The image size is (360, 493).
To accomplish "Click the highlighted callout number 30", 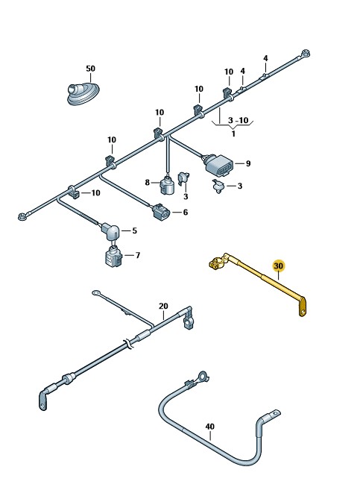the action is point(278,266).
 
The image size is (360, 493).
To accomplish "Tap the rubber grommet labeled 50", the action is point(83,92).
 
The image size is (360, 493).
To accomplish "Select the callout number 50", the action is point(90,69).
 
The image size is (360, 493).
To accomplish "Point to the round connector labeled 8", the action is point(167,185).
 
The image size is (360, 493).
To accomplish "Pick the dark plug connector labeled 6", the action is point(161,212).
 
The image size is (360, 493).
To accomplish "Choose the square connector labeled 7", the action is point(113,257).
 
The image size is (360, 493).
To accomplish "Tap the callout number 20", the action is point(163,306).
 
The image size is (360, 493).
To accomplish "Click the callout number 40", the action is point(210,427).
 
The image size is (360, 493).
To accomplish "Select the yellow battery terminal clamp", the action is point(218,263).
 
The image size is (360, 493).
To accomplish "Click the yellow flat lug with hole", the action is point(302,307).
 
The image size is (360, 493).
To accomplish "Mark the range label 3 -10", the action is point(238,120).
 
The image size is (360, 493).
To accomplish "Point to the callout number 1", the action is point(233,134).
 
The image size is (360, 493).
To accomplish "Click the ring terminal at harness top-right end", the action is point(305,53).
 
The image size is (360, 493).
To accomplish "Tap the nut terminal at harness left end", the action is point(22,216).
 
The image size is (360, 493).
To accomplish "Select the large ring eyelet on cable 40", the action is point(203,376).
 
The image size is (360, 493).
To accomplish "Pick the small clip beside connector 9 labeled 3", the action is point(218,186).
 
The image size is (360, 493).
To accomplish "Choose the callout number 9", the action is point(248,163).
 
